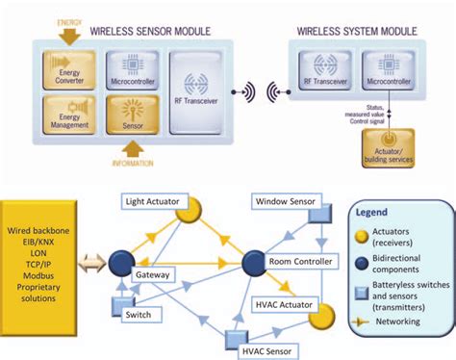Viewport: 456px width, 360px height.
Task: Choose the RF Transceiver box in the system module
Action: tap(323, 70)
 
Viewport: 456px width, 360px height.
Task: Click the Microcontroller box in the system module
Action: tap(390, 70)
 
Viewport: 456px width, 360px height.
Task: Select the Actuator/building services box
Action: tap(390, 144)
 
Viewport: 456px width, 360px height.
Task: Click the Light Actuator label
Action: tap(151, 201)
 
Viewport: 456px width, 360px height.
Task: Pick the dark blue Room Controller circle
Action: tap(254, 262)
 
